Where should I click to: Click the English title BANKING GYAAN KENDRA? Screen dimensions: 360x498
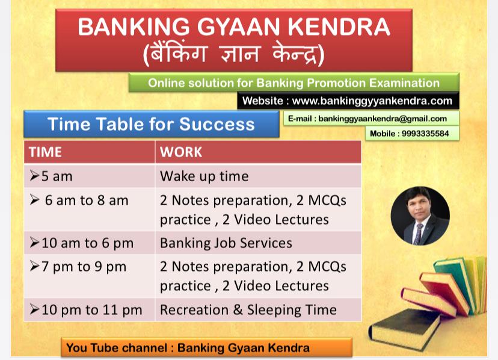(x=233, y=27)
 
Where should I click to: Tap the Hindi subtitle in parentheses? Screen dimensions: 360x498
(x=233, y=55)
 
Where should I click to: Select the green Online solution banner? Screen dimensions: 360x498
(x=294, y=83)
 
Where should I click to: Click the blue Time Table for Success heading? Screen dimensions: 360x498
(x=151, y=124)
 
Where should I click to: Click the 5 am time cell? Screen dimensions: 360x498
(x=89, y=176)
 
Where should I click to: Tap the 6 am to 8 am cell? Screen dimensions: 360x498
(x=89, y=200)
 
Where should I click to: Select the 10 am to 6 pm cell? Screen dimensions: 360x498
(x=89, y=243)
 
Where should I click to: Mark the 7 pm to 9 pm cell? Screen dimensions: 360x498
(x=89, y=267)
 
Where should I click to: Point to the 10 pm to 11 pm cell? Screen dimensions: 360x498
(x=89, y=310)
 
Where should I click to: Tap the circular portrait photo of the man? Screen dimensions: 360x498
(x=420, y=216)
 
